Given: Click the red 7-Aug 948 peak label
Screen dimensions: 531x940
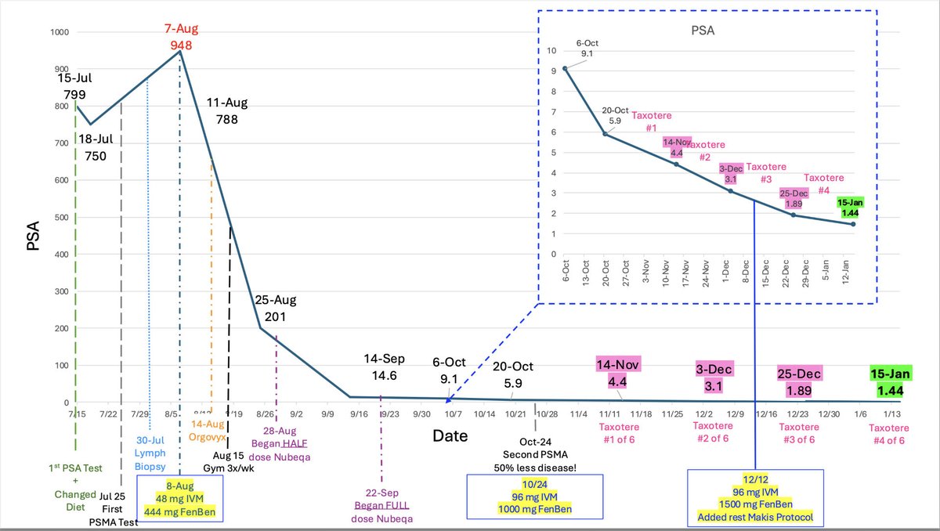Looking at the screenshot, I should [181, 37].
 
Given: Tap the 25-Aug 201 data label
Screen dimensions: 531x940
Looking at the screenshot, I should [274, 309].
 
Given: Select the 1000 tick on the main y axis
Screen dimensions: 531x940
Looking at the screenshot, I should [58, 33].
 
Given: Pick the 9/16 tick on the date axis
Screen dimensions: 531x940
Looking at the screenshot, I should [360, 414].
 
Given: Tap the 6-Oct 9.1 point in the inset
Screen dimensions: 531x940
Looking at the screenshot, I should [565, 68].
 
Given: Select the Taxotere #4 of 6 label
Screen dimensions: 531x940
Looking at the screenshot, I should [889, 433].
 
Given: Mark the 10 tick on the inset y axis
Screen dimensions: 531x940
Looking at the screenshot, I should [551, 51].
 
